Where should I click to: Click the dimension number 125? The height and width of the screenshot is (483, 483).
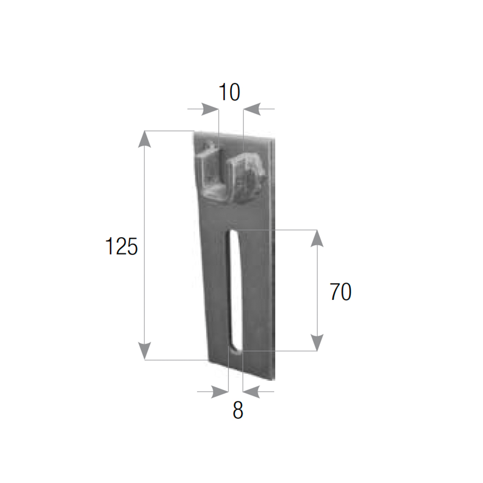(121, 246)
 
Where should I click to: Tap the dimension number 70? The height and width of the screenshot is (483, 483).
(341, 291)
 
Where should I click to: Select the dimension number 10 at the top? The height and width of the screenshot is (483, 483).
(229, 92)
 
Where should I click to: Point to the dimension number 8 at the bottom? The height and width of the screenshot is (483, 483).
(238, 410)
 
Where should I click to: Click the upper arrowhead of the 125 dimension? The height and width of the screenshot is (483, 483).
(144, 139)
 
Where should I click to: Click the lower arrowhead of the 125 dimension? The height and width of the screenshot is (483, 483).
(144, 351)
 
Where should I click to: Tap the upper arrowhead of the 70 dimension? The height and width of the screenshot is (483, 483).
(317, 239)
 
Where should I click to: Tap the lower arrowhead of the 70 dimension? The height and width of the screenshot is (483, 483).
(317, 342)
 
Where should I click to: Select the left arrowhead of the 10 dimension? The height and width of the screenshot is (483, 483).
(210, 109)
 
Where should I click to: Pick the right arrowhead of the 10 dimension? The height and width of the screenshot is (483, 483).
(252, 109)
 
